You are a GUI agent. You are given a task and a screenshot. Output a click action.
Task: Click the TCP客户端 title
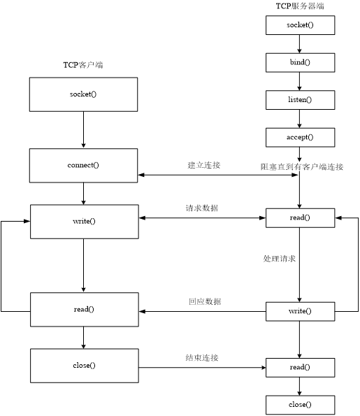coord(83,65)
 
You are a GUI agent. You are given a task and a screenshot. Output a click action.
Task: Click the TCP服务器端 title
coord(300,6)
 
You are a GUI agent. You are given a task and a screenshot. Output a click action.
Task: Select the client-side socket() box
coord(83,94)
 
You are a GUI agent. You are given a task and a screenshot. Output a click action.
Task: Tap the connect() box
coord(83,166)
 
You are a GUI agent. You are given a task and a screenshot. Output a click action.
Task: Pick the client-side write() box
coord(83,221)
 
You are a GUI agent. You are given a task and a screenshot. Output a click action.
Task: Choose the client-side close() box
coord(83,365)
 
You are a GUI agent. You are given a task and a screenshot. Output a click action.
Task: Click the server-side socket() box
coord(300,25)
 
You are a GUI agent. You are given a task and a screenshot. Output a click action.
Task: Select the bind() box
coord(300,62)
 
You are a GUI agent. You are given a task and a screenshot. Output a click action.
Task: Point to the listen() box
coord(300,100)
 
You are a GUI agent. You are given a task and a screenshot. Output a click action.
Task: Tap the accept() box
coord(300,137)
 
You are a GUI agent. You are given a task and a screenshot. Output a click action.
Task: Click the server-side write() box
coord(300,310)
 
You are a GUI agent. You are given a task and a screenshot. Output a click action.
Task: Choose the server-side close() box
coord(300,405)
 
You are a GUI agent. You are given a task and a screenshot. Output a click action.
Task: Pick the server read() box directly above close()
coord(300,367)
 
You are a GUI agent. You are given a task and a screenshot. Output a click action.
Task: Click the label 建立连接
coord(203,165)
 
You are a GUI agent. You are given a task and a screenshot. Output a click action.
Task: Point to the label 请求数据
coord(202,208)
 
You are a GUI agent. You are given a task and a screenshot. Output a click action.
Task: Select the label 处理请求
coord(279,259)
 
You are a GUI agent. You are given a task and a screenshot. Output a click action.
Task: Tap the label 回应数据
coord(204,301)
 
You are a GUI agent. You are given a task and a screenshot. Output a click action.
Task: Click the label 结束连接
coord(202,357)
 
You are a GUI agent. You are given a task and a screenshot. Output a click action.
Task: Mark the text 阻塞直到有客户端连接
coord(302,166)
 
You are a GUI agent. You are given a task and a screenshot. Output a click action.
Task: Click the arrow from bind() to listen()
coord(300,81)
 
